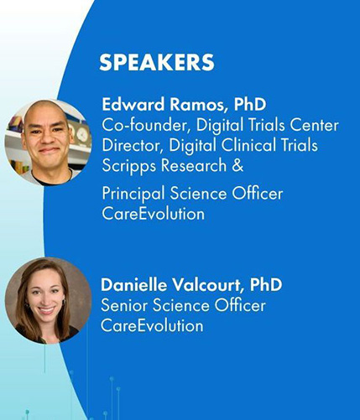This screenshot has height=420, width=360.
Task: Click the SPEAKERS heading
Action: click(157, 62)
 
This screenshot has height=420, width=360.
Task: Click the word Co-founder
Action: click(144, 126)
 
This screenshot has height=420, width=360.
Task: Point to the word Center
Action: click(314, 126)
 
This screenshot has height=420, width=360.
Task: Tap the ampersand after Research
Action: click(237, 165)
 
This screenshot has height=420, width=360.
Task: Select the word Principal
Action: click(133, 194)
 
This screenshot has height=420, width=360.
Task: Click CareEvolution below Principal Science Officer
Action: click(153, 214)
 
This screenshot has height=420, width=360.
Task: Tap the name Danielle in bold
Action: click(133, 285)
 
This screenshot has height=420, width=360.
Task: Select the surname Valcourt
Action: click(206, 285)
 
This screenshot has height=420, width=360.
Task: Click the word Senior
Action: click(123, 305)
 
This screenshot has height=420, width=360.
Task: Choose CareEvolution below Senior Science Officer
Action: click(152, 325)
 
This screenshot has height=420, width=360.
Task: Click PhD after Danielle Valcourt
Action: click(266, 285)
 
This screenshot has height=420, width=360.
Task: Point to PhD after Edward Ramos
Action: click(250, 105)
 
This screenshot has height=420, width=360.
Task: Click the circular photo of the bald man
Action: click(48, 143)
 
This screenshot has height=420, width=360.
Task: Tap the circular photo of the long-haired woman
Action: click(49, 301)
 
